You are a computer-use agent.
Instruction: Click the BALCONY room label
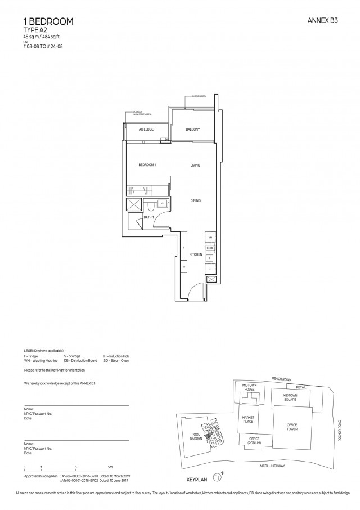pos(193,130)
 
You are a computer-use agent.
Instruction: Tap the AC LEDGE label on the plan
pos(147,130)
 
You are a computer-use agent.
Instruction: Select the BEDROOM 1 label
pos(147,165)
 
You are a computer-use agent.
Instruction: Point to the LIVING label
pos(195,165)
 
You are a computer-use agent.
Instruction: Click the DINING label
pos(195,200)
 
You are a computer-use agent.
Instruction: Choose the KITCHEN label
pos(195,255)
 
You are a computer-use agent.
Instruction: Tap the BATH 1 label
pos(148,217)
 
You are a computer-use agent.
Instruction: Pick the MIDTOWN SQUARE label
pos(290,397)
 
